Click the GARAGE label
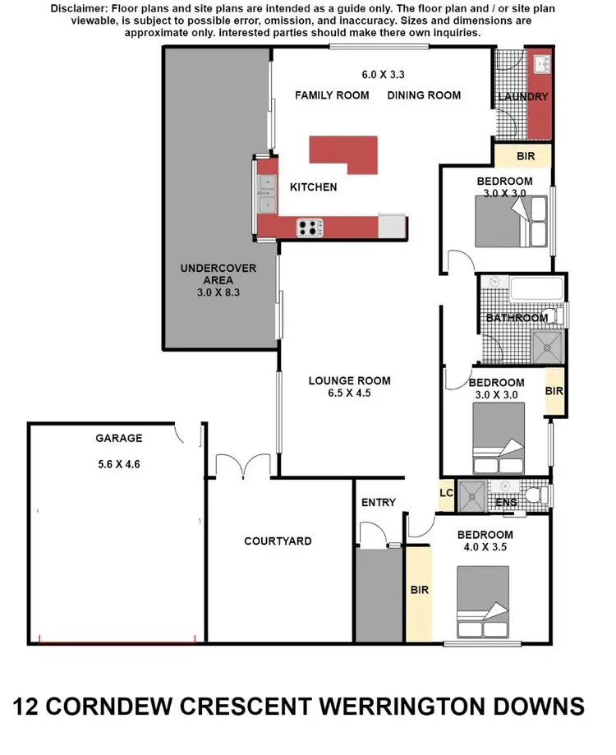[118, 439]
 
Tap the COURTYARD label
[278, 541]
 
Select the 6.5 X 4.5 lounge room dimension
[349, 395]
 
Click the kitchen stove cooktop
[309, 228]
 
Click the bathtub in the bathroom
[536, 290]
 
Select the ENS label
[506, 503]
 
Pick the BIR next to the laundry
[522, 155]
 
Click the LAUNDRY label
[523, 97]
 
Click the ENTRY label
[378, 503]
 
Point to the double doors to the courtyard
[243, 466]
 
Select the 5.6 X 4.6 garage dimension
[118, 463]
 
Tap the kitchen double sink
[267, 193]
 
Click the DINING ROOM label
[424, 95]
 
